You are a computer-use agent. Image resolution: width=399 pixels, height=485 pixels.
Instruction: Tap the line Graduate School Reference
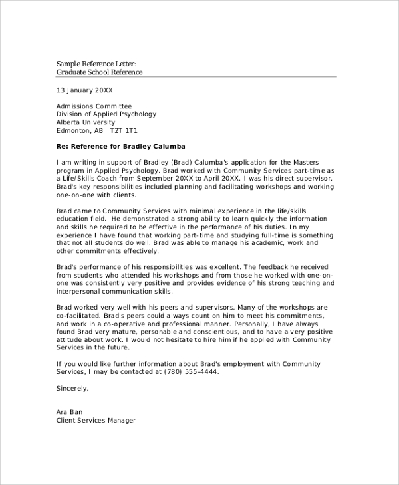(x=99, y=72)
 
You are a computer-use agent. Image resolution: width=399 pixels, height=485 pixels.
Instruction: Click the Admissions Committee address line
(x=94, y=106)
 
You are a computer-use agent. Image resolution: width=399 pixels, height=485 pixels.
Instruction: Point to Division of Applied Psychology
(x=106, y=114)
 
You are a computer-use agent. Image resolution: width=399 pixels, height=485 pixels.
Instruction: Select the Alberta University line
(x=86, y=122)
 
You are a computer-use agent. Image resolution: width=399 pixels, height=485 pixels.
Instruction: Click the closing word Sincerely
(x=72, y=388)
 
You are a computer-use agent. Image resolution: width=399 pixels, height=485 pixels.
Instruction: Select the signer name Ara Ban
(x=70, y=412)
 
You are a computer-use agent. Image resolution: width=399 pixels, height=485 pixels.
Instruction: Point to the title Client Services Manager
(x=96, y=420)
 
